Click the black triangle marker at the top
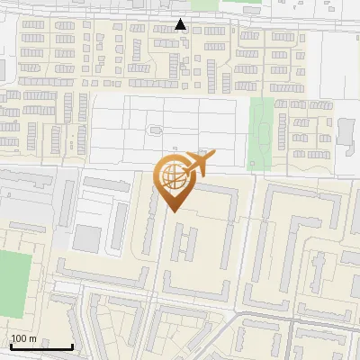(181, 24)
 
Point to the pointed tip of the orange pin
(173, 211)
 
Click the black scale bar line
(41, 346)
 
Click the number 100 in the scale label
(19, 338)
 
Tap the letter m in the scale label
(32, 338)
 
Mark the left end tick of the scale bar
(11, 346)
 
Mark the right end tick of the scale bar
(72, 346)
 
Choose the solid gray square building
(87, 238)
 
